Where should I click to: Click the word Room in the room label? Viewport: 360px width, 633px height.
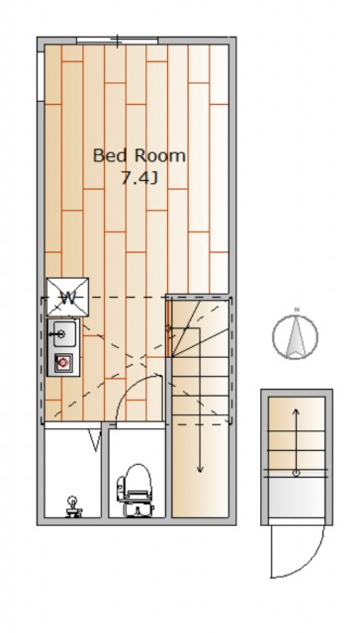[x=160, y=156]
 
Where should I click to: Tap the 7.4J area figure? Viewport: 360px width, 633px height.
[x=138, y=178]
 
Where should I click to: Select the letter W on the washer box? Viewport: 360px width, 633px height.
[x=68, y=299]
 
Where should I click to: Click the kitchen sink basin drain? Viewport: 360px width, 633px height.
[x=61, y=334]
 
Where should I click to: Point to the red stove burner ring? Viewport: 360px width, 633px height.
[x=62, y=362]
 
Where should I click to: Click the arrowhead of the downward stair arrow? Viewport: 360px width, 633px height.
[x=200, y=468]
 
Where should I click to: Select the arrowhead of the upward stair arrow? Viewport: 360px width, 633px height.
[x=297, y=412]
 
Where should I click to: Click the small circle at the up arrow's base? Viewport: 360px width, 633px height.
[x=297, y=473]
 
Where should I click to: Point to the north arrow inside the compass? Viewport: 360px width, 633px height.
[x=296, y=336]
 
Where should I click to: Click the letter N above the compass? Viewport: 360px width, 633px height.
[x=297, y=310]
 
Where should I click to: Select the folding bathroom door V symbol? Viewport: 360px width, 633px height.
[x=95, y=440]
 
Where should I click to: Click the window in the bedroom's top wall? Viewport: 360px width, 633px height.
[x=118, y=41]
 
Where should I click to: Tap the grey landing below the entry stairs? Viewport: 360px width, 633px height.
[x=297, y=498]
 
